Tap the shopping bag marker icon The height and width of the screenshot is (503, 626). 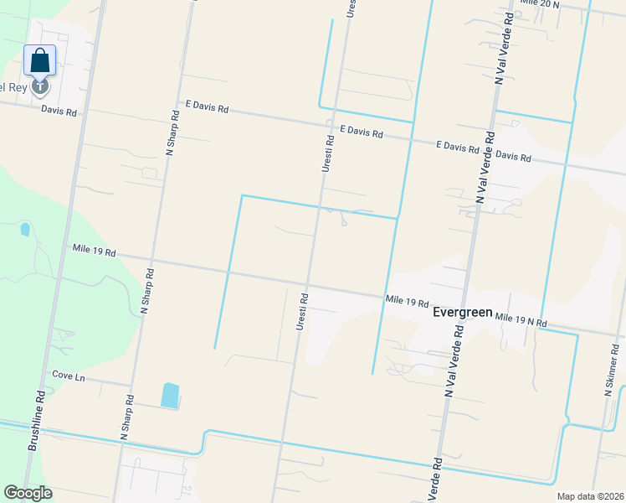pos(40,61)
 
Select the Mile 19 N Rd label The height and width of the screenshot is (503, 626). pos(521,319)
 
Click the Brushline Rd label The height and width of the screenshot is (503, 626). pos(37,421)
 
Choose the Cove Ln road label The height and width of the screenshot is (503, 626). pos(69,376)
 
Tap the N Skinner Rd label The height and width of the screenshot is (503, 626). pos(610,369)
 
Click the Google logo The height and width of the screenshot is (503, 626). pos(28,493)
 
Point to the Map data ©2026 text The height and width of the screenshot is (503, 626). pos(589,496)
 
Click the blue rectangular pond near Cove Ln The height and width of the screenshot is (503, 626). pos(170,395)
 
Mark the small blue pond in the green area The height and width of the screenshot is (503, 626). pos(24,228)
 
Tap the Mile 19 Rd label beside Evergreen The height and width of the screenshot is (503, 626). pos(408,300)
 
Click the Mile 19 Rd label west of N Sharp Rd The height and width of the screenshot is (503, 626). pos(94,251)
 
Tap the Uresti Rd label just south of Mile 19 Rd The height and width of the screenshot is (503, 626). pos(302,310)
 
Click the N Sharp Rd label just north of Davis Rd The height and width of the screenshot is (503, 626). pos(172,134)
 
